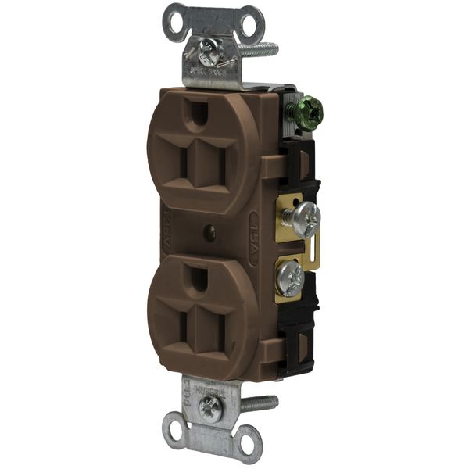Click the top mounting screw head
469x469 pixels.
click(x=209, y=52)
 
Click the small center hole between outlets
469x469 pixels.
click(x=209, y=232)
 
